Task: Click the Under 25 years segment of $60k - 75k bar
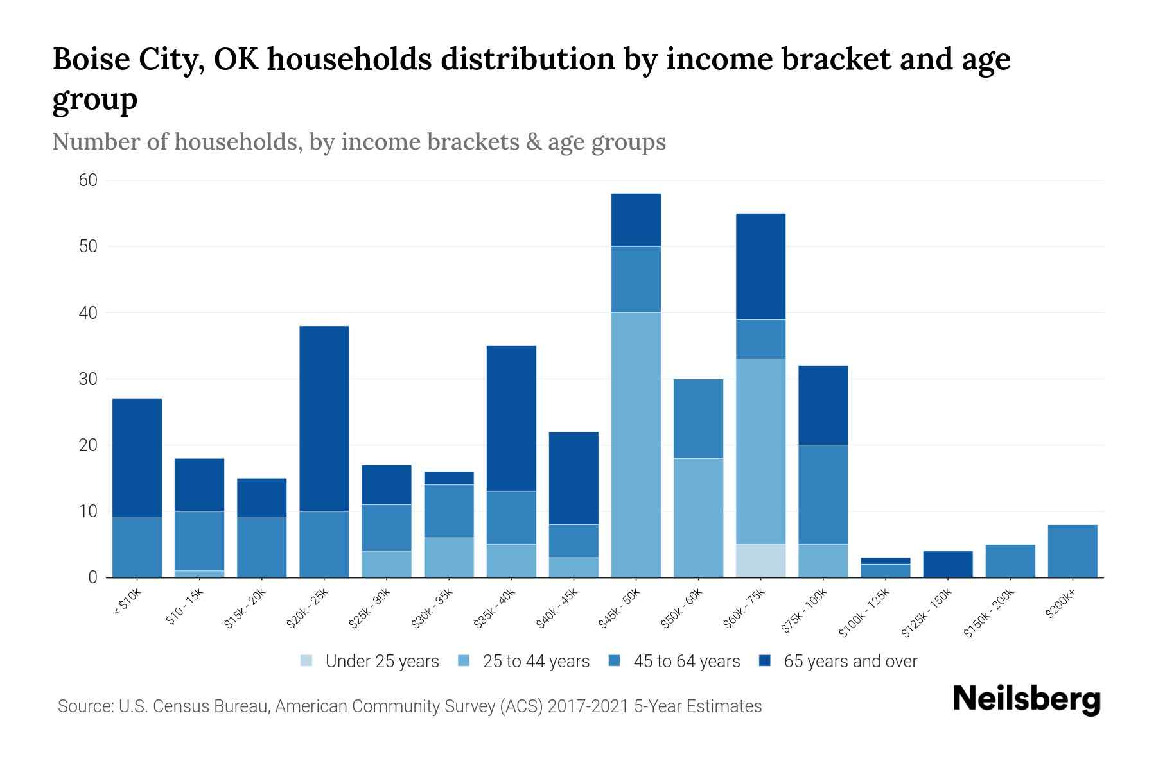pos(760,561)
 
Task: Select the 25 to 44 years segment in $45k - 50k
pos(636,445)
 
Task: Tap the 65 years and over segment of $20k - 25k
pos(324,418)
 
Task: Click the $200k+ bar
pos(1072,551)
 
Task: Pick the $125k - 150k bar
pos(947,564)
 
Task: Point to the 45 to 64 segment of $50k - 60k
pos(698,418)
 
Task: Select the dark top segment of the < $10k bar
pos(137,458)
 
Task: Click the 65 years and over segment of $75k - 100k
pos(823,405)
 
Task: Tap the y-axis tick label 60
pos(88,180)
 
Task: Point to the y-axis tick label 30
pos(88,379)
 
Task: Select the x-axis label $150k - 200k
pos(990,612)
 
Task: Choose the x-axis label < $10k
pos(127,603)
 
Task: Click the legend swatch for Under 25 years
pos(307,660)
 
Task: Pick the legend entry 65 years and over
pos(850,661)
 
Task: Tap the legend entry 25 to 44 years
pos(536,661)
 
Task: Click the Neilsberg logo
pos(1026,699)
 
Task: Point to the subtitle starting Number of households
pos(358,142)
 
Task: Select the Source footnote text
pos(410,706)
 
